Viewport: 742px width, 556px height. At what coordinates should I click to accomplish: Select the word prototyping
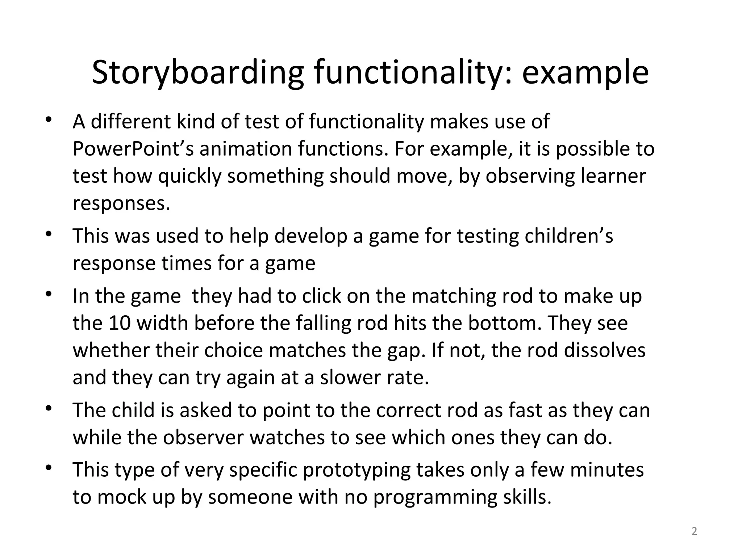(x=357, y=470)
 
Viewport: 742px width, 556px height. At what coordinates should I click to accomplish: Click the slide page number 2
(x=694, y=531)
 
